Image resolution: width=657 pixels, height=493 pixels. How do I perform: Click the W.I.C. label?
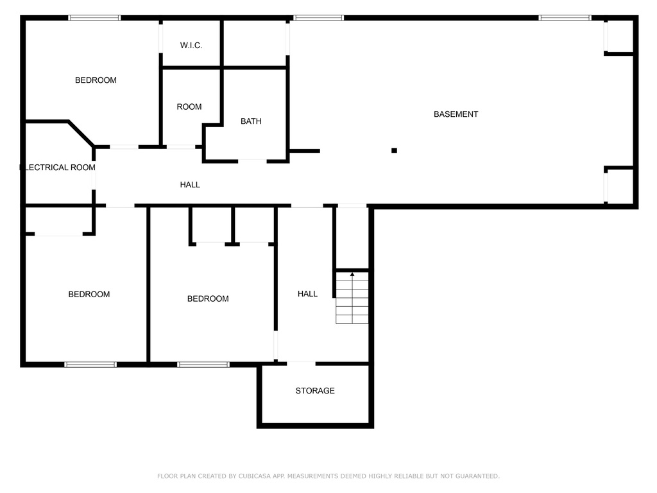point(191,46)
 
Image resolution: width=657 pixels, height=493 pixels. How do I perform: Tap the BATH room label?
point(251,121)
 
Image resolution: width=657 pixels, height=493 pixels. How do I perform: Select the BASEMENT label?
point(456,114)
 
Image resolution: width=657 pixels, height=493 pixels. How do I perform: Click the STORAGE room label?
point(315,391)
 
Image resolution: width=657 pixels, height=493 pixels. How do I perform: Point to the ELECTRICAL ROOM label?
point(58,168)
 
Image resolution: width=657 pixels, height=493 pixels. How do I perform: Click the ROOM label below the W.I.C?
point(189,107)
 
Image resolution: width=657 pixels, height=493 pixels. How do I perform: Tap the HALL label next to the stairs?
point(307,294)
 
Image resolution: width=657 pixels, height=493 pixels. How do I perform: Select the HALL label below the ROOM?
point(190,184)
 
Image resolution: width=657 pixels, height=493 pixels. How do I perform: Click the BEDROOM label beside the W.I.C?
point(96,80)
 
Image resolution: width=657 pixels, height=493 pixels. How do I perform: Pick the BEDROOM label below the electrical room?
point(89,294)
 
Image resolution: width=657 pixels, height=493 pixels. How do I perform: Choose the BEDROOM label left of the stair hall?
point(208,299)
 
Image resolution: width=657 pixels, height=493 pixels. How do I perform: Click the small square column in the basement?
point(395,150)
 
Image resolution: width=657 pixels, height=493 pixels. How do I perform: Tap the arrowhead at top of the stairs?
point(352,275)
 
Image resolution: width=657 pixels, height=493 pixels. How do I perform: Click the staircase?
point(352,298)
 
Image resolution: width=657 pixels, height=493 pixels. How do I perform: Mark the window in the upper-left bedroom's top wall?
point(95,17)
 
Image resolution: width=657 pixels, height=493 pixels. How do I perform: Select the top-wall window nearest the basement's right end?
point(565,17)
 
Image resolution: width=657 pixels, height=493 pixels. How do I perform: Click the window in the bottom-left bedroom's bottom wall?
point(90,365)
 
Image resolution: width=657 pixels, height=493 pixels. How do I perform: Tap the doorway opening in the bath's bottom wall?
point(253,161)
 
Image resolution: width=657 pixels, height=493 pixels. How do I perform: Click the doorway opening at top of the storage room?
point(302,363)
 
